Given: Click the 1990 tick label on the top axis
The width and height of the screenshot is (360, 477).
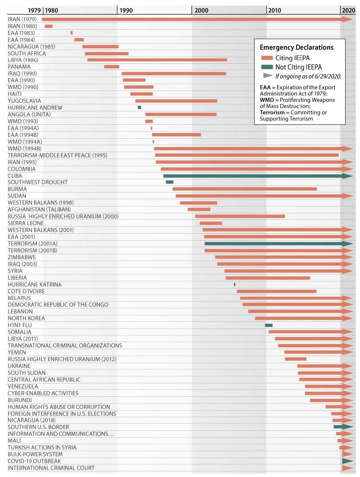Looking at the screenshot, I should (125, 10).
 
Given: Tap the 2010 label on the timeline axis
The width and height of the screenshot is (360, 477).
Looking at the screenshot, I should (275, 10).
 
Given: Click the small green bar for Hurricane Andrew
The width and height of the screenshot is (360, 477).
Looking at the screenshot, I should (139, 107).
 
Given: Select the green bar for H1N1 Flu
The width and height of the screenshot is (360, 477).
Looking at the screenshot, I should (269, 325).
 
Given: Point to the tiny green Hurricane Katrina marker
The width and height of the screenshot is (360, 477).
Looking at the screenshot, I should (235, 284).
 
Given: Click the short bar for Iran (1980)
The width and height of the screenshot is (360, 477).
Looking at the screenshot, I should (49, 26).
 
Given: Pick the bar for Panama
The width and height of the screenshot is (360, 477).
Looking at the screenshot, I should (111, 67).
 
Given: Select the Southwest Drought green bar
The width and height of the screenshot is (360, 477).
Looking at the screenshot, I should (170, 182).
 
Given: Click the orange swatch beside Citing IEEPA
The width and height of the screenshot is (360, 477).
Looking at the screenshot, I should (267, 58).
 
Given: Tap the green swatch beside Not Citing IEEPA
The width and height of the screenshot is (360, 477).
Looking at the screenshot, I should (267, 67).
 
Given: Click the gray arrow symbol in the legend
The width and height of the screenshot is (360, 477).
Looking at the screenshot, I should (268, 75).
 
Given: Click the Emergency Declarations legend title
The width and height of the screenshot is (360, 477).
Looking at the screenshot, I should (296, 47).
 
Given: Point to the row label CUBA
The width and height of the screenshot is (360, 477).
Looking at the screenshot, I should (15, 176).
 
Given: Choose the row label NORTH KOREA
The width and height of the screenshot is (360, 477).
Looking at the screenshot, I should (26, 318).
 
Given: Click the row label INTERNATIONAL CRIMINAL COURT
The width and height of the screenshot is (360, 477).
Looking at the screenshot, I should (51, 468).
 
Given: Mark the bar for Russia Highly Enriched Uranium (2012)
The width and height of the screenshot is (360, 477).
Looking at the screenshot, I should (295, 359).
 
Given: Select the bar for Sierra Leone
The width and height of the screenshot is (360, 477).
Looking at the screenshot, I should (211, 223).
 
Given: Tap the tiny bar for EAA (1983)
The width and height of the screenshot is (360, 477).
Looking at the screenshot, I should (71, 33).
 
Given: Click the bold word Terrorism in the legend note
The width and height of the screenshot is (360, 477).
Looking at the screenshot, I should (272, 113).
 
